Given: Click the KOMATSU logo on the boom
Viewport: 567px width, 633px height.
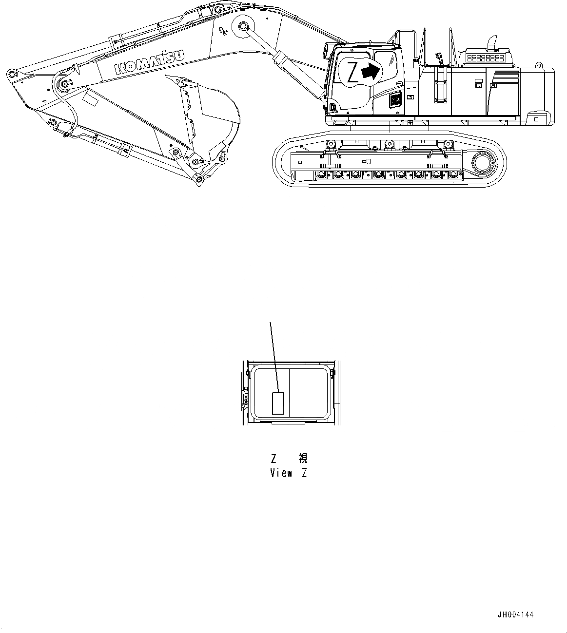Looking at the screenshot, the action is (x=150, y=62).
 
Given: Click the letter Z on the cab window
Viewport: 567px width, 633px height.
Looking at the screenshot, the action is (x=353, y=72).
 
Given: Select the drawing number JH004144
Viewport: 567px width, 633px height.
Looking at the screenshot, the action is (x=515, y=614).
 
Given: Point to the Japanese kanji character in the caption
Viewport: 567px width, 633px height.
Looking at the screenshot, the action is (x=303, y=458).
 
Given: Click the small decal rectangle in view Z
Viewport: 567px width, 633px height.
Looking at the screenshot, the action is (x=278, y=403).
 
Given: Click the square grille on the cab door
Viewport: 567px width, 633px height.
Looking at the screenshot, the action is (x=394, y=101).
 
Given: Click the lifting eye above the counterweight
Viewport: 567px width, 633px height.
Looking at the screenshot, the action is (x=539, y=65).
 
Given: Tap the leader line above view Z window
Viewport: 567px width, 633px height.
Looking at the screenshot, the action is (x=274, y=356).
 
